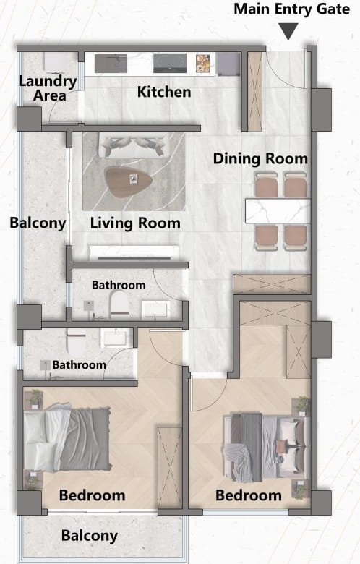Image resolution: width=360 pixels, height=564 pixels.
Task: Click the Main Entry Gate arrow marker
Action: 288,31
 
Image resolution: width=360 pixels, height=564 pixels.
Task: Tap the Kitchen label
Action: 164,92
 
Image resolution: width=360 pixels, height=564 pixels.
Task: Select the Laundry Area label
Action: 48,88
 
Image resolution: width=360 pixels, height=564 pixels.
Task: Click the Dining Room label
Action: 260,158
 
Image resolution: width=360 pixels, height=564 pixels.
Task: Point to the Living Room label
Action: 135,223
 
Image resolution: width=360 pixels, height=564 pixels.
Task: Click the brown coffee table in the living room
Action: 128,181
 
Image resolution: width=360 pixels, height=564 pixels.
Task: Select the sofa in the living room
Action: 134,145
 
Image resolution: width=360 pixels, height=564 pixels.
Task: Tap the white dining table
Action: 278,211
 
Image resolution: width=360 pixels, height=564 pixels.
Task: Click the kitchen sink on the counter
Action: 111,64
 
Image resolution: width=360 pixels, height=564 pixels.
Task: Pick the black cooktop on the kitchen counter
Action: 170,64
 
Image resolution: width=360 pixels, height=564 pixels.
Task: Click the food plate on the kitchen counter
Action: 203,64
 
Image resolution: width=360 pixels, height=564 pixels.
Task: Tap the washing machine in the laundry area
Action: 55,62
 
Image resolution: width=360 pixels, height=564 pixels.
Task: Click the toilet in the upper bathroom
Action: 119,304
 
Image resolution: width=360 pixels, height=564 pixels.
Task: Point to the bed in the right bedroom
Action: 265,447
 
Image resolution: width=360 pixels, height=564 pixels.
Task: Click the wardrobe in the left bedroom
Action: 169,468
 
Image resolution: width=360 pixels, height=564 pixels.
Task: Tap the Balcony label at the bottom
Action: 90,536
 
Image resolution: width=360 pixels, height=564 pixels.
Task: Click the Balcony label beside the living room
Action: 38,223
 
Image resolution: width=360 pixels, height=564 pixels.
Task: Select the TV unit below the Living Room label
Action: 134,253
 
